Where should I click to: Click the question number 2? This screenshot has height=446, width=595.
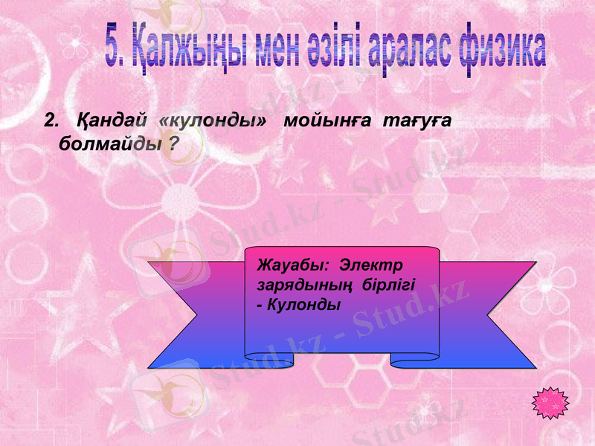(51, 120)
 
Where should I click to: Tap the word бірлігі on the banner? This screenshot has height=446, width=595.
(387, 285)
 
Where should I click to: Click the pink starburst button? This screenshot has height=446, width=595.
(551, 402)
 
